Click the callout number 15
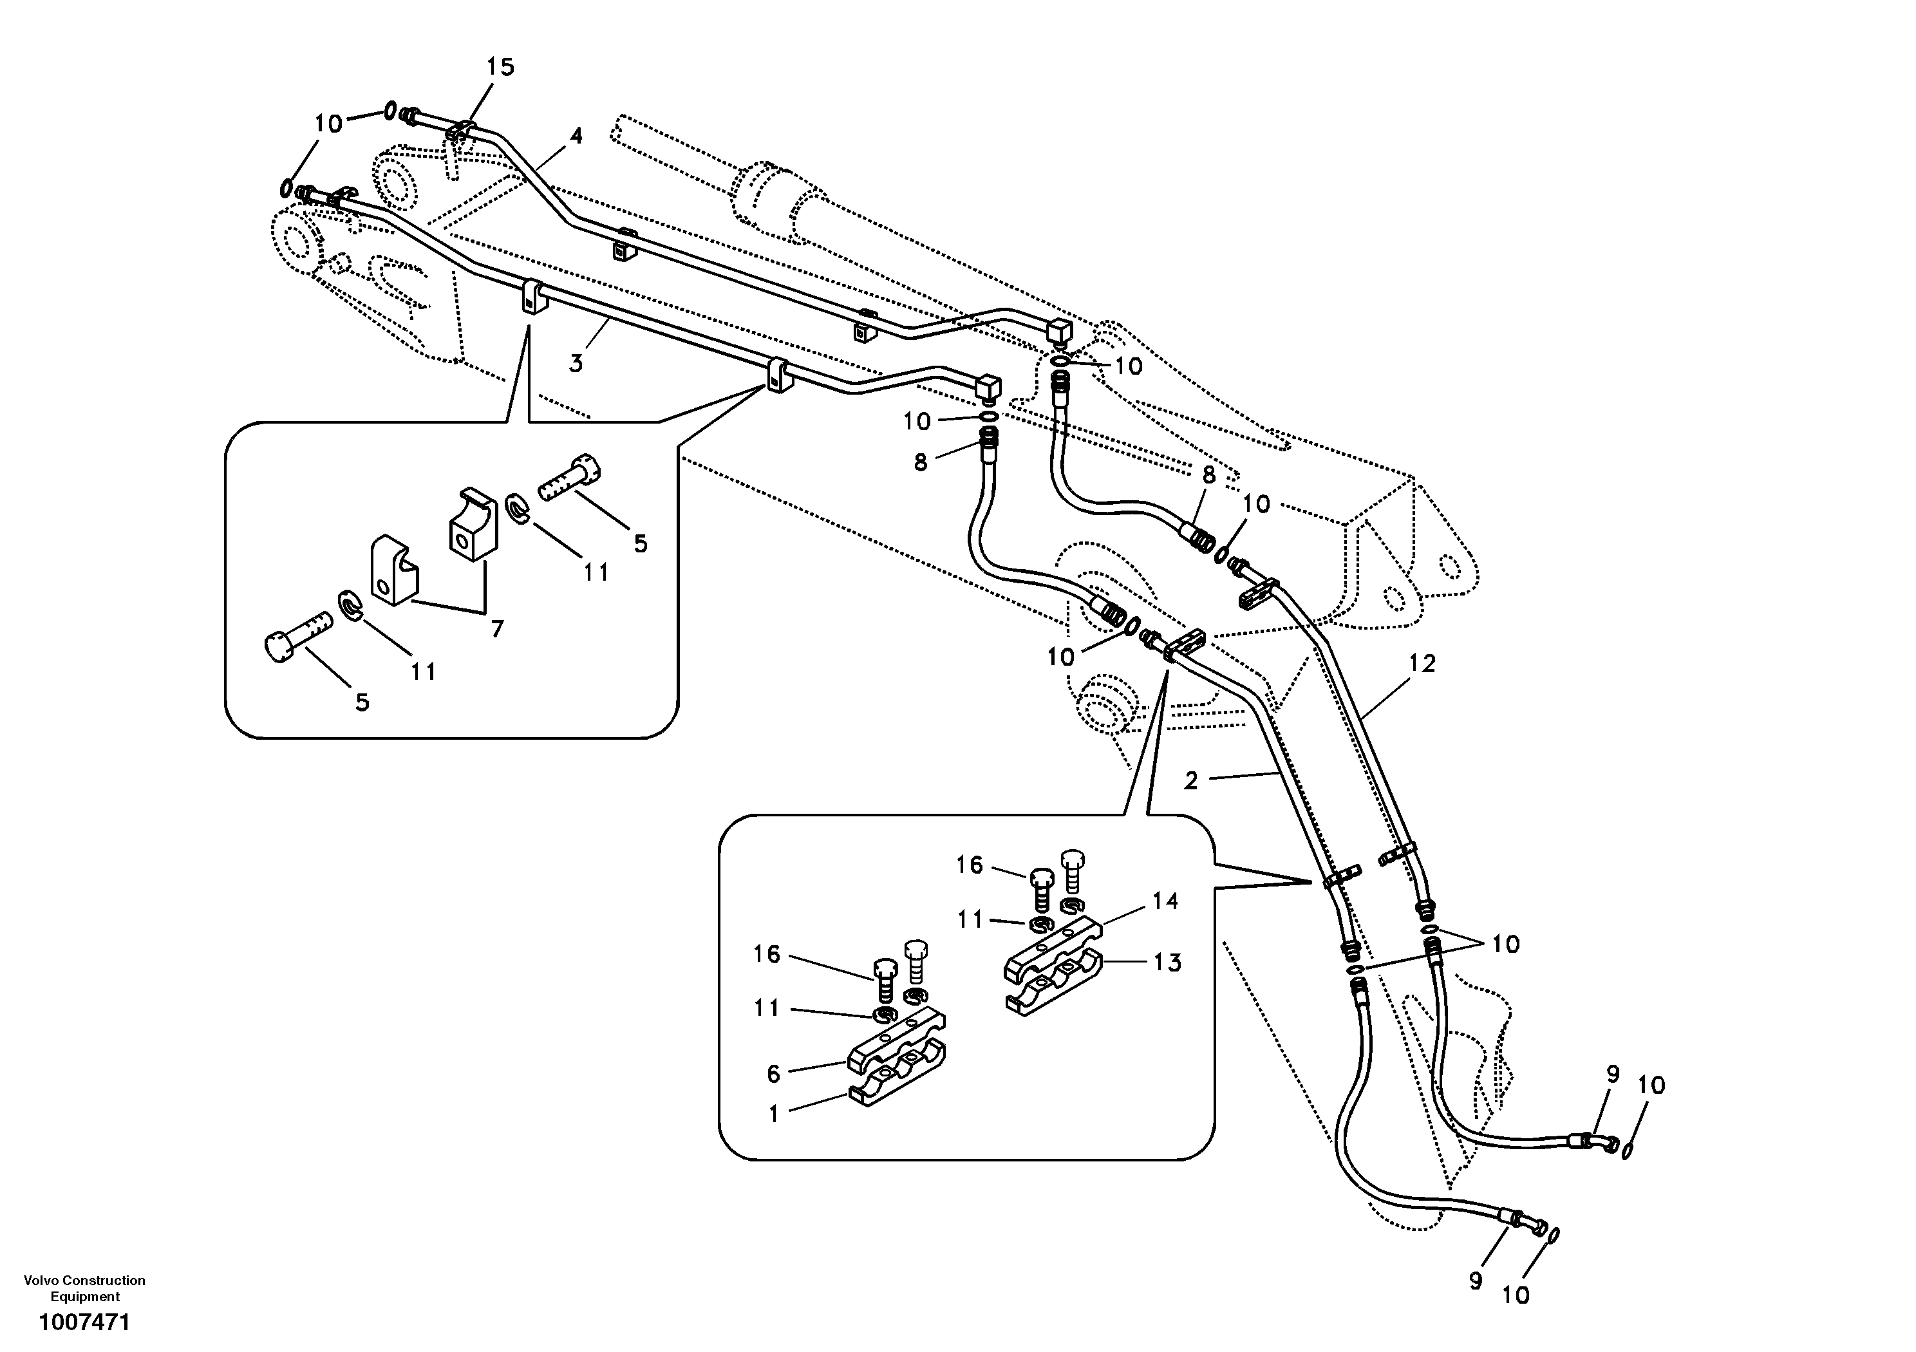point(501,67)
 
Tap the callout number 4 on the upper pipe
point(576,136)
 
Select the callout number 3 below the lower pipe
point(576,364)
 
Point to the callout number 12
point(1422,664)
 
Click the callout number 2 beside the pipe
point(1191,780)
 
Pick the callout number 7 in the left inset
point(498,629)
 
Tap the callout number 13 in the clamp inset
point(1167,963)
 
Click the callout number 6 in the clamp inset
point(774,1074)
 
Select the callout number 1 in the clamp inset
point(774,1114)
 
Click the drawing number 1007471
point(84,1323)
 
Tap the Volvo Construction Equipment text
point(84,1288)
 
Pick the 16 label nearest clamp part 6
point(766,954)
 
